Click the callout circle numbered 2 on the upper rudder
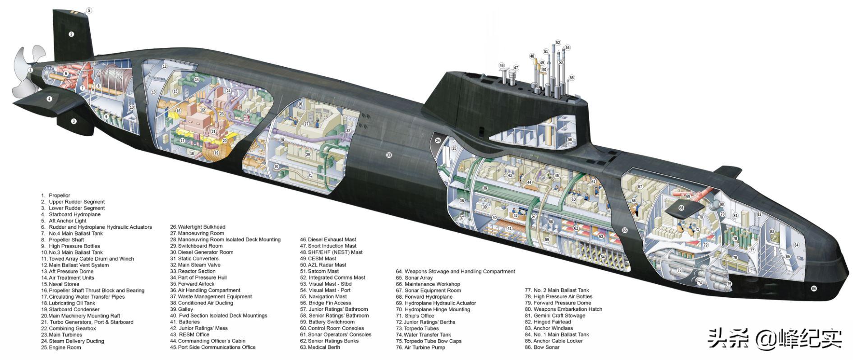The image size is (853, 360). pyautogui.click(x=71, y=34)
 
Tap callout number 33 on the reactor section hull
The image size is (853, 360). pyautogui.click(x=389, y=155)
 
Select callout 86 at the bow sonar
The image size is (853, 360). pyautogui.click(x=814, y=288)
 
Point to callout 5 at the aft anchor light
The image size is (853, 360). pyautogui.click(x=89, y=10)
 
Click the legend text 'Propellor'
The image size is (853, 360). pyautogui.click(x=60, y=195)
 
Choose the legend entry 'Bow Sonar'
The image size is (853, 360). pyautogui.click(x=546, y=347)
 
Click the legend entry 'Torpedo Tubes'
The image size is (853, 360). pyautogui.click(x=421, y=328)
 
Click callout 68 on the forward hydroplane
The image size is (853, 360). pyautogui.click(x=681, y=208)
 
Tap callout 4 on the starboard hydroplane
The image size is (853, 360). pyautogui.click(x=50, y=99)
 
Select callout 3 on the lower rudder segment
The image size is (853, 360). pyautogui.click(x=74, y=121)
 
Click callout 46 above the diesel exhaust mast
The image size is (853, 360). pyautogui.click(x=502, y=66)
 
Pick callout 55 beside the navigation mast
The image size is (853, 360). pyautogui.click(x=572, y=78)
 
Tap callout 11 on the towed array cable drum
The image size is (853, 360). pyautogui.click(x=118, y=77)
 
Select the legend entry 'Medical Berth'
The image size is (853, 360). pyautogui.click(x=323, y=347)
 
